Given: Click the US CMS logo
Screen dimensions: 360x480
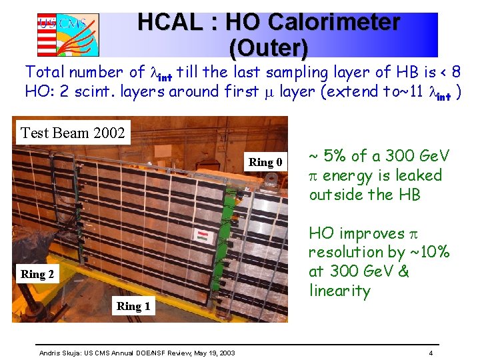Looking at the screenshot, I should click(x=68, y=33).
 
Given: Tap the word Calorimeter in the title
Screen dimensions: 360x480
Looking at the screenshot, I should click(x=313, y=22).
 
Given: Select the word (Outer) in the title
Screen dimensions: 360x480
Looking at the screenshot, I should click(x=268, y=47).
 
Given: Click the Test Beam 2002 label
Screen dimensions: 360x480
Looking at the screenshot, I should click(x=73, y=133).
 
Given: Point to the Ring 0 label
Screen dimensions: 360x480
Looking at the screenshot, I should click(x=265, y=162).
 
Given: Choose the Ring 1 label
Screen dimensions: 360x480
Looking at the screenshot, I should click(x=133, y=306).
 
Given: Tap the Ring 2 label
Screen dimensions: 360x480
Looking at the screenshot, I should click(x=38, y=273).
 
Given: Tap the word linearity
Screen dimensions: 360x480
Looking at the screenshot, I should click(x=339, y=291).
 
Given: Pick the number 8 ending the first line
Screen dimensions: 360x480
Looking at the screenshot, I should click(x=456, y=71).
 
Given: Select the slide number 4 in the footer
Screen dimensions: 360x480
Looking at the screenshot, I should click(x=431, y=352).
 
